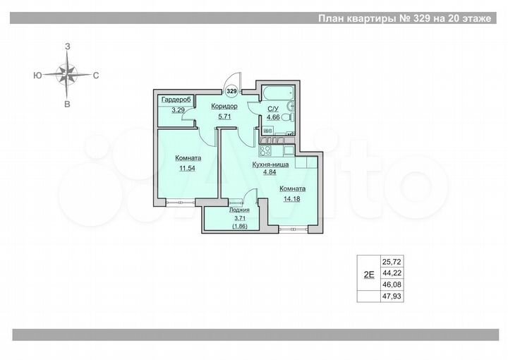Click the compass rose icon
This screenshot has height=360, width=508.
68,73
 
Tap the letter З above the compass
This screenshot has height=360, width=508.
68,45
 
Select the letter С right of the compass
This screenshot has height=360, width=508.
95,74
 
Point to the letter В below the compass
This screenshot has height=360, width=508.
68,104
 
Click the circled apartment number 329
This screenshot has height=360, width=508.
232,90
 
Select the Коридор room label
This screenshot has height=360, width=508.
224,107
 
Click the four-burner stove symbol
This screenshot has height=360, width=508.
267,150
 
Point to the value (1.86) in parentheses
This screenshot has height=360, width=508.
239,227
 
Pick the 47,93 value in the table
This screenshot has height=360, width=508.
391,296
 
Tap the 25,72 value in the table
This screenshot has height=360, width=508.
391,260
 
